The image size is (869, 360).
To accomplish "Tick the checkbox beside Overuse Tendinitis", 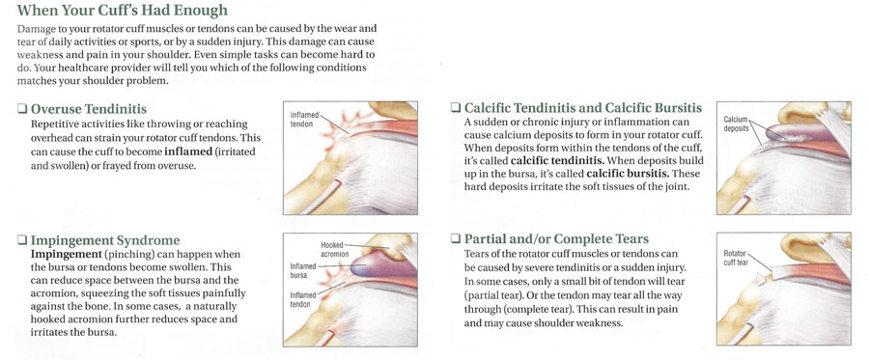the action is (21, 110).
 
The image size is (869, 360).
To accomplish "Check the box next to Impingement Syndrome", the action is (21, 239).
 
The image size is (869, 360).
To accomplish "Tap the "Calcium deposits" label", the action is (739, 125).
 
